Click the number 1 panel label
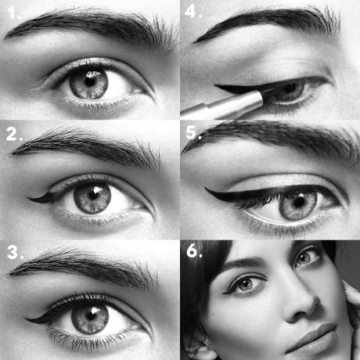13,13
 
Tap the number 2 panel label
14,135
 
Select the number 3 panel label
15,253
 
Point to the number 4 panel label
193,12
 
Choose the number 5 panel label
193,132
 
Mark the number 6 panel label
194,251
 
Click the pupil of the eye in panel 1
90,81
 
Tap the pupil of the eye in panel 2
93,195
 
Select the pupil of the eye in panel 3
90,315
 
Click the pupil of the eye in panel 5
299,202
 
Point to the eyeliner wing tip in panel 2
27,198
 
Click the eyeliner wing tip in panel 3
25,319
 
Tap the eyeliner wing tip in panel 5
205,189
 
